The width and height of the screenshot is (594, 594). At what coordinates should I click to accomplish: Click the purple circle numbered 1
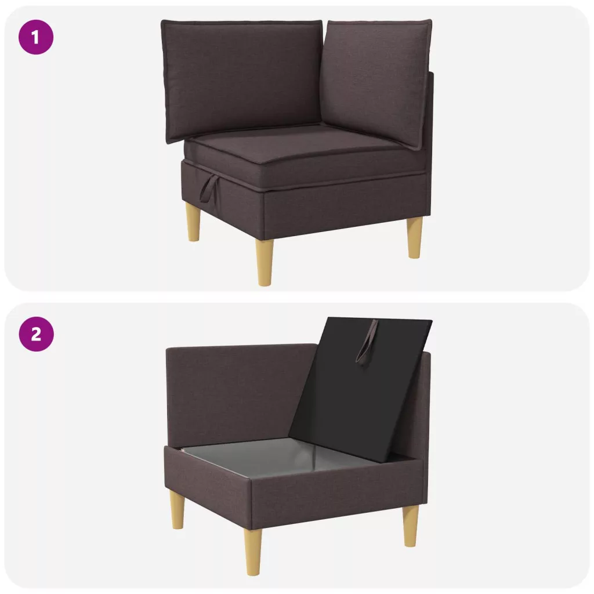(36, 38)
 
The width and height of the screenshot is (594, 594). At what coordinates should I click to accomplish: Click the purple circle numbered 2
(36, 334)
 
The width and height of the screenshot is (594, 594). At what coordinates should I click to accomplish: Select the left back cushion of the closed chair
(241, 79)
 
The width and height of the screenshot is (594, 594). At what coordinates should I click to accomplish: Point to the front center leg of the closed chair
(265, 262)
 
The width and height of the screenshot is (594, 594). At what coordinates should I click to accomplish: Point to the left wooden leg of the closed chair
(194, 222)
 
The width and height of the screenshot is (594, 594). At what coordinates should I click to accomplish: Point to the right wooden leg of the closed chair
(414, 237)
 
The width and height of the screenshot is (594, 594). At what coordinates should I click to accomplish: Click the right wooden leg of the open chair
(411, 526)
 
